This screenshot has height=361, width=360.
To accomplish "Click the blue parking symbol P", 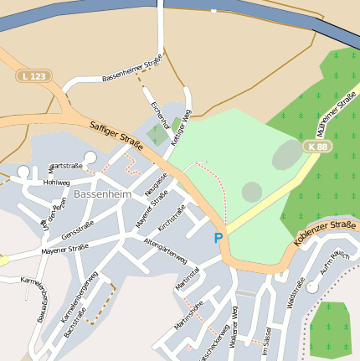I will click(x=219, y=238).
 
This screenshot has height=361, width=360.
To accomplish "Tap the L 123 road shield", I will click(x=33, y=76).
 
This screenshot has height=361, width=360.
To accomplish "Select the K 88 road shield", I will click(x=317, y=147).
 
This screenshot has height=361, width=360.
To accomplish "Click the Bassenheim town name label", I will click(x=103, y=194).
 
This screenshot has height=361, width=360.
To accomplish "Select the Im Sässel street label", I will click(x=266, y=342).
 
